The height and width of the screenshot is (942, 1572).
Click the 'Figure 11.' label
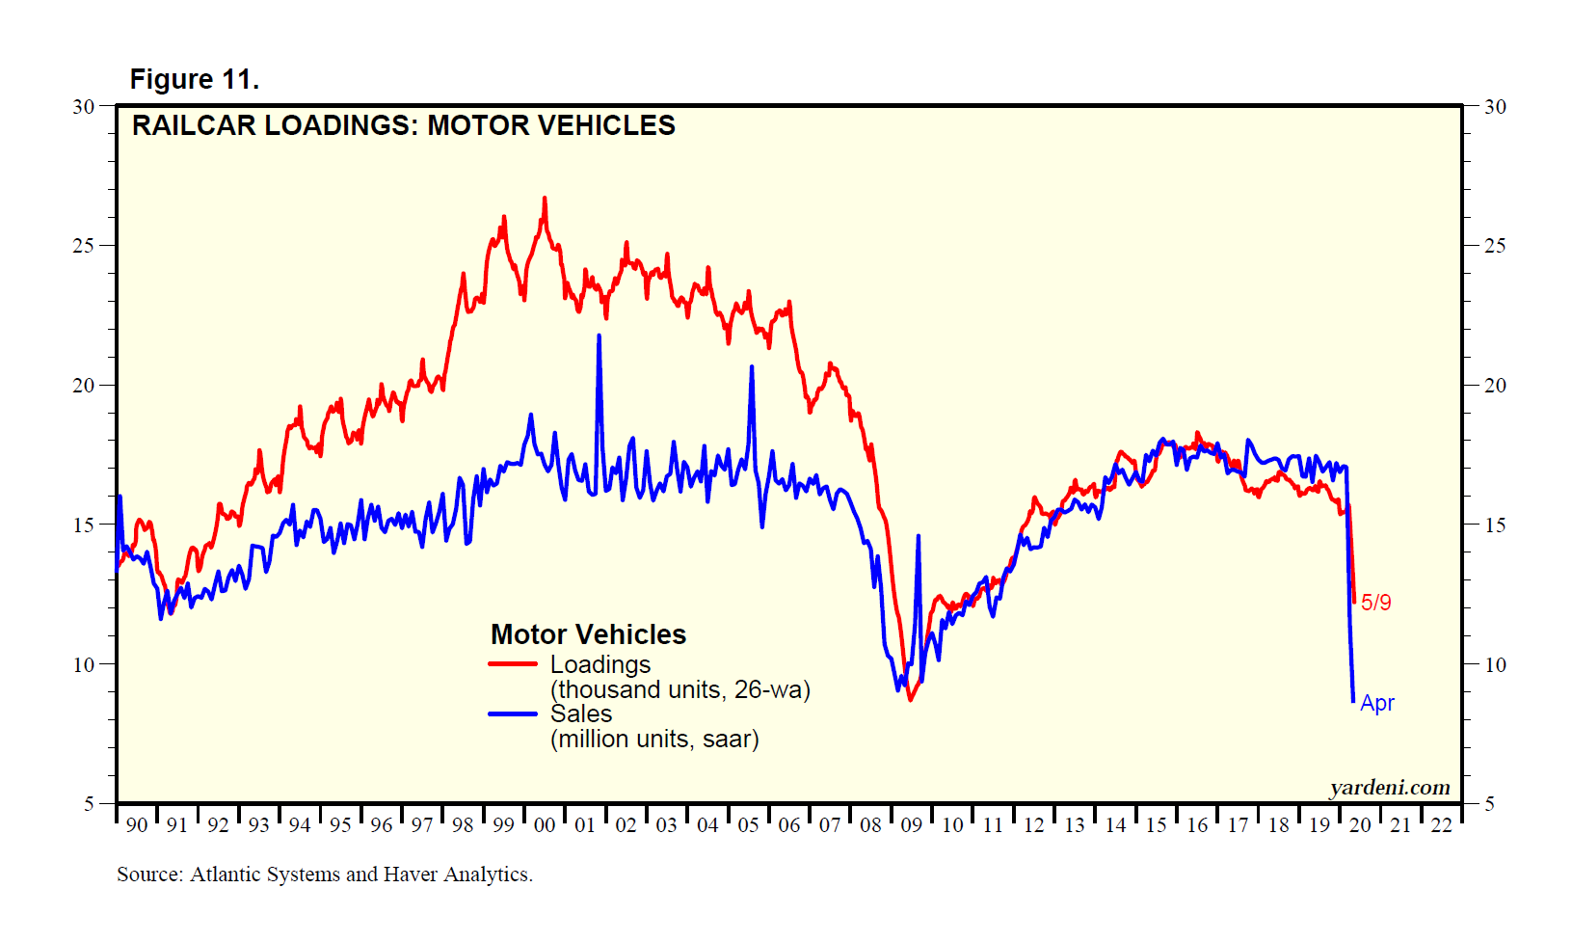(194, 79)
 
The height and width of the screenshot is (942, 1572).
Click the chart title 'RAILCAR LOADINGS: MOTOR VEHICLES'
(403, 125)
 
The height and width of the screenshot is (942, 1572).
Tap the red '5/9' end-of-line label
(1375, 603)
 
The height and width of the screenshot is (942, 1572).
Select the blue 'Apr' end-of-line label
(1376, 703)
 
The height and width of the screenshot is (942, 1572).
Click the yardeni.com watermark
(1389, 788)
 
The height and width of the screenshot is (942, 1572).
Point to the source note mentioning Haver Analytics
(324, 875)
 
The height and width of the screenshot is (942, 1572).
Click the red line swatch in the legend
(512, 664)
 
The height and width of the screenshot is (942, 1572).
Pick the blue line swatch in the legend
(512, 714)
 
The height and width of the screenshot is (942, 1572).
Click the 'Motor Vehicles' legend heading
(588, 634)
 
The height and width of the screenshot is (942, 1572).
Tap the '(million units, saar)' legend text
(654, 740)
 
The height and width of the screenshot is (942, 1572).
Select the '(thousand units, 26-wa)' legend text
(679, 689)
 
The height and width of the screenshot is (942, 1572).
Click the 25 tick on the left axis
(84, 245)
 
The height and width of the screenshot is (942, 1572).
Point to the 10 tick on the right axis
(1494, 664)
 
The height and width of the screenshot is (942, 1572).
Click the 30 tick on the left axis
(84, 106)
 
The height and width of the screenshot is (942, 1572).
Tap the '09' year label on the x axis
(911, 825)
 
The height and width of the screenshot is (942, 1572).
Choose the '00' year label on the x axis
(545, 825)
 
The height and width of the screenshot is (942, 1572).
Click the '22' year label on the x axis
(1441, 825)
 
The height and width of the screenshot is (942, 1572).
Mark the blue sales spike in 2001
(599, 336)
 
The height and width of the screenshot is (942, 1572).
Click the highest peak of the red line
(545, 199)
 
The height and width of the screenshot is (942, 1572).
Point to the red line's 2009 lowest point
(910, 699)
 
